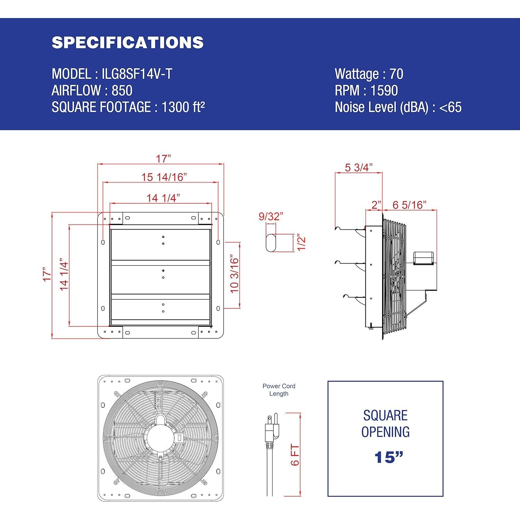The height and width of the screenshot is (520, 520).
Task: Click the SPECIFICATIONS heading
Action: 128,42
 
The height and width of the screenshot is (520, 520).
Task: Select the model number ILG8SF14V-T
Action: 137,74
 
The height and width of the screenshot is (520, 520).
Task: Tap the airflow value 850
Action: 122,90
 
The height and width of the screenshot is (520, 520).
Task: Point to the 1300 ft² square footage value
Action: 183,107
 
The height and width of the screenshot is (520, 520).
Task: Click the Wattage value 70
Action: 396,74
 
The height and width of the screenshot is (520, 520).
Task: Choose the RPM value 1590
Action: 384,90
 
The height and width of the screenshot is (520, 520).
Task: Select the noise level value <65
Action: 450,107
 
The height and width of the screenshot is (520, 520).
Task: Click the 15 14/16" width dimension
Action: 164,177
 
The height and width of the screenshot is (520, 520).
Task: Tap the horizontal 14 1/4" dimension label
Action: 163,198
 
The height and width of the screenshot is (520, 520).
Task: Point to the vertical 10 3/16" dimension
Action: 235,275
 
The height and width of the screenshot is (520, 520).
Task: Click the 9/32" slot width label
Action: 271,216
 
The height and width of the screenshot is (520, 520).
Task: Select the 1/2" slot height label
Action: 301,243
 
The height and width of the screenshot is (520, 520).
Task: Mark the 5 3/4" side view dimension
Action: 358,167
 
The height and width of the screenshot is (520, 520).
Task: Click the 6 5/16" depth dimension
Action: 409,205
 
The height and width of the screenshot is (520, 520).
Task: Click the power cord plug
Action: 271,430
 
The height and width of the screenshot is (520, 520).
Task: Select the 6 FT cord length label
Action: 295,455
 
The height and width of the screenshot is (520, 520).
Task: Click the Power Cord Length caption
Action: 279,390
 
